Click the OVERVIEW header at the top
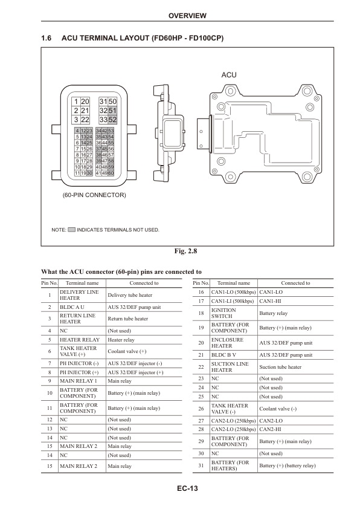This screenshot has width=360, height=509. pos(187,16)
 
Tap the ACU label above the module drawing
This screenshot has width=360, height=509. pos(229,75)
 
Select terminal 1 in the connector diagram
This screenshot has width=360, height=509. pos(76,102)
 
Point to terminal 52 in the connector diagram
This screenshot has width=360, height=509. pos(112,120)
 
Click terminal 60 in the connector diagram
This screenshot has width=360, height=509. pos(111,173)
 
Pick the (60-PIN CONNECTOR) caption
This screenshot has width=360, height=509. pos(94,195)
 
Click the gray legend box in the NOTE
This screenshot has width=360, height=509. pos(72,230)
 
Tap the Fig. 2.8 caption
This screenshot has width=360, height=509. pos(185,251)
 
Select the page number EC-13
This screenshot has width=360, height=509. pos(187,488)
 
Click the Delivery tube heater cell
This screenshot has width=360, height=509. pos(130,295)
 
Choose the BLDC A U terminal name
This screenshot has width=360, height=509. pos(72,307)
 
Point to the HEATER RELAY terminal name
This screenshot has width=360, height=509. pos(80,340)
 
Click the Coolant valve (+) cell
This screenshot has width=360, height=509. pos(127,351)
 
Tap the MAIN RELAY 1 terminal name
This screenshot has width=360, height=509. pos(78,381)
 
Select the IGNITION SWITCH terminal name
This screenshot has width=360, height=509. pos(223,313)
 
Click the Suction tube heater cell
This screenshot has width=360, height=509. pos(280,367)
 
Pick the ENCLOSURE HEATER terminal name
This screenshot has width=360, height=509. pos(227,343)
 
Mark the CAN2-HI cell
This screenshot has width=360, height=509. pos(270,429)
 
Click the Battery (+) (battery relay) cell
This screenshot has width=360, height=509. pos(288,465)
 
